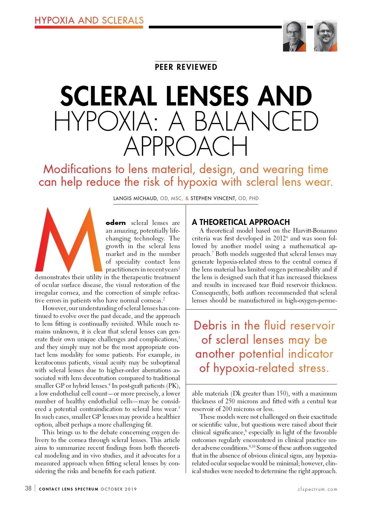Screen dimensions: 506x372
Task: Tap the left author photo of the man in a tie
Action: click(294, 36)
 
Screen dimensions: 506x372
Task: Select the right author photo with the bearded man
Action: click(325, 36)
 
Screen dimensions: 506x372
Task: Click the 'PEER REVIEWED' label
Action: click(186, 67)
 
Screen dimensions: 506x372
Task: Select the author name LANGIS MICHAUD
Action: click(135, 199)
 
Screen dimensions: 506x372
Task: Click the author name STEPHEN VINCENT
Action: click(213, 199)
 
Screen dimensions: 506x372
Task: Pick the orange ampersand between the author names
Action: click(187, 199)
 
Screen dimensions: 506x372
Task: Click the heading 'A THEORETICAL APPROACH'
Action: click(241, 222)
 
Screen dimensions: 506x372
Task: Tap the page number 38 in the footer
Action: click(28, 488)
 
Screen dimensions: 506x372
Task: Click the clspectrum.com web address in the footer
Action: click(317, 489)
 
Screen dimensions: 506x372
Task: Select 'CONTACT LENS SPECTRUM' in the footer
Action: click(69, 489)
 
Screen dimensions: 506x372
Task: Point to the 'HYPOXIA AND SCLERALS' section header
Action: click(89, 20)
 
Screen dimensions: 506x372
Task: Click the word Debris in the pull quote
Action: click(210, 325)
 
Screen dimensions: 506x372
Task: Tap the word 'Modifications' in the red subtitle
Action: click(77, 169)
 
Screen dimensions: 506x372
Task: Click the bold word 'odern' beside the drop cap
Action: click(116, 223)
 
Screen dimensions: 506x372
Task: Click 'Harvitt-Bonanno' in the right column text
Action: click(315, 231)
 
